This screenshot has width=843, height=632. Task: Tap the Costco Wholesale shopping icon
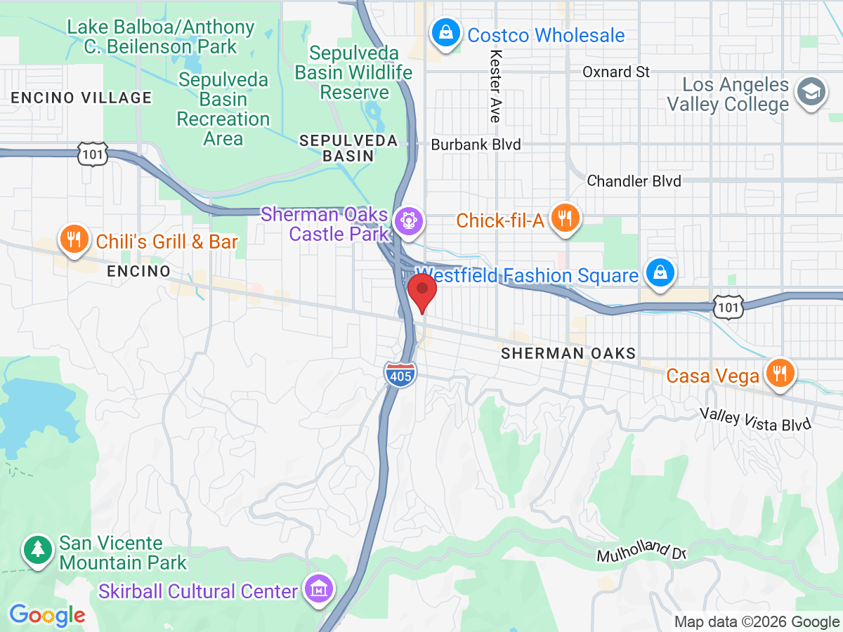(x=445, y=32)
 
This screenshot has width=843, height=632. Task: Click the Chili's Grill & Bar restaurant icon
(x=73, y=239)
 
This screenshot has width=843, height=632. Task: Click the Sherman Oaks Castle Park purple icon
(x=407, y=220)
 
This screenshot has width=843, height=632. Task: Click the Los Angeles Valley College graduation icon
(x=810, y=92)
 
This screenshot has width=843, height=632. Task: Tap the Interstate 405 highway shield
(x=400, y=373)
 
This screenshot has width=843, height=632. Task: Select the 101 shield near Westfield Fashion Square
(x=728, y=306)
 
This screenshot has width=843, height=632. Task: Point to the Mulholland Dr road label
(x=641, y=551)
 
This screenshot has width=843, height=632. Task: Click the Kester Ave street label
(x=495, y=86)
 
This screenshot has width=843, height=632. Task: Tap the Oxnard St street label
(x=616, y=72)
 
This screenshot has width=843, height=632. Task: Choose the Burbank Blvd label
(x=476, y=145)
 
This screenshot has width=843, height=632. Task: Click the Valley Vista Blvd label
(x=755, y=419)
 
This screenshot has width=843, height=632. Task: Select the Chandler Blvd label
(x=634, y=181)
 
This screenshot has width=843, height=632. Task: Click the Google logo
(x=47, y=616)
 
